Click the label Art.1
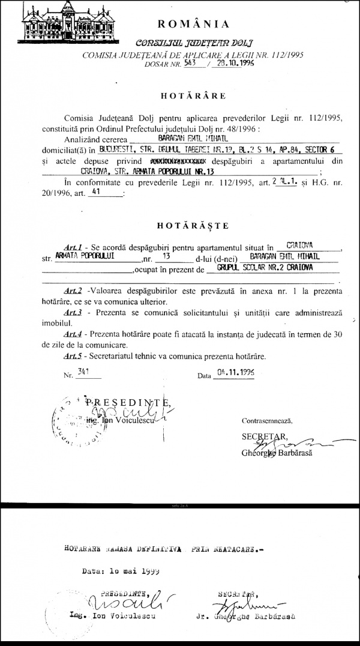(x=73, y=246)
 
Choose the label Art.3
(x=73, y=313)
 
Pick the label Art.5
(x=73, y=356)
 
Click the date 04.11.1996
(x=236, y=372)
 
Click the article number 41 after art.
(x=94, y=194)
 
